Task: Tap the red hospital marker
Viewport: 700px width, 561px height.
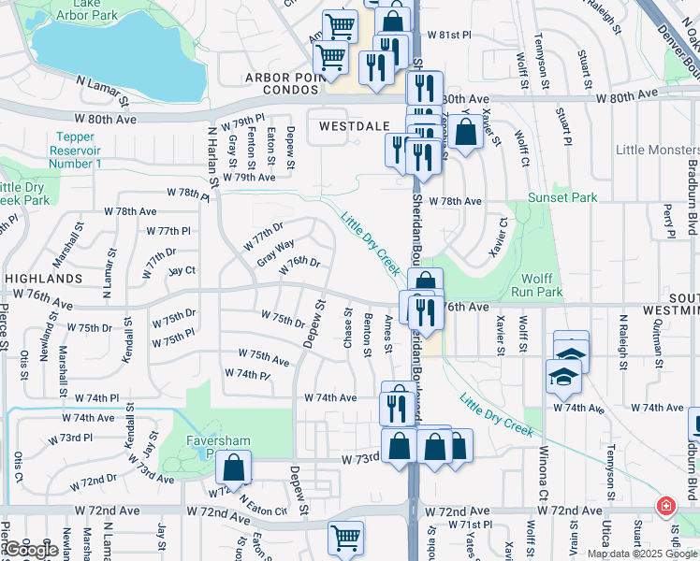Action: click(665, 507)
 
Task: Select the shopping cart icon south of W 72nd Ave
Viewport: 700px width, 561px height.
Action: click(345, 538)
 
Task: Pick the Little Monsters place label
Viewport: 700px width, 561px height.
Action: click(657, 150)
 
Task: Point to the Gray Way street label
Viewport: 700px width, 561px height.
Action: click(276, 252)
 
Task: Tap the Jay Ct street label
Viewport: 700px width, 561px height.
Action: click(182, 271)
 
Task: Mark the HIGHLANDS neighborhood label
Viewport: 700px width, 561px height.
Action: click(43, 279)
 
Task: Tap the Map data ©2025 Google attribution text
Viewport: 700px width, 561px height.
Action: click(642, 554)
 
